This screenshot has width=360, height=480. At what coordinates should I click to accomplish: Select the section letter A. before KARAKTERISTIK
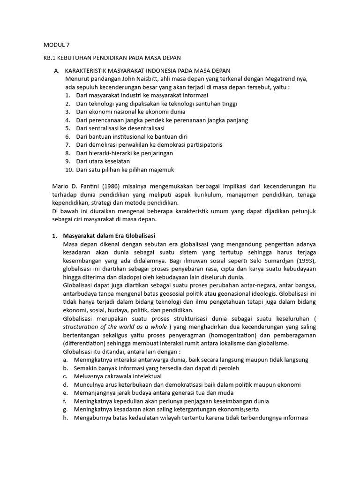click(x=57, y=70)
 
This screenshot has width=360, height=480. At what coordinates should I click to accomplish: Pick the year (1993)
click(x=305, y=261)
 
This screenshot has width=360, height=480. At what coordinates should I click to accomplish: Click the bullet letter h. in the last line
click(x=66, y=418)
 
